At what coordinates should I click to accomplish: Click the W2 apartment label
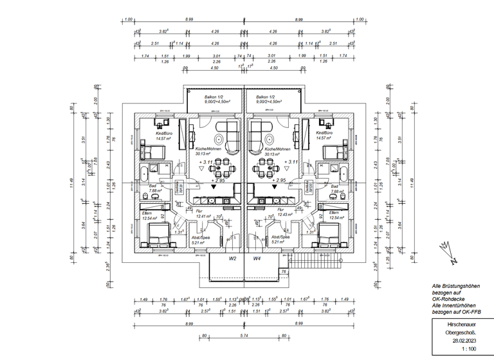pyautogui.click(x=233, y=258)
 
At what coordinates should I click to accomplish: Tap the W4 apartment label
pyautogui.click(x=257, y=258)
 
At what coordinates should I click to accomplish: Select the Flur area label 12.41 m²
pyautogui.click(x=204, y=217)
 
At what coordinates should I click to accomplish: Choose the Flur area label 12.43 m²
pyautogui.click(x=284, y=214)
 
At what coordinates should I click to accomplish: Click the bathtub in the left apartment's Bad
pyautogui.click(x=143, y=173)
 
